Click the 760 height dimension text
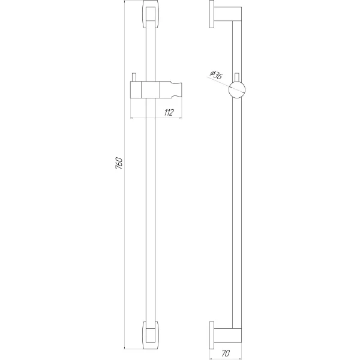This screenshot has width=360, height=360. point(119,163)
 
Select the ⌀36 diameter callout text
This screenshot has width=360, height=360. point(217,74)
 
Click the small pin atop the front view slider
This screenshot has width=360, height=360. point(136,77)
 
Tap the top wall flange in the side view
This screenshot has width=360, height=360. point(212,16)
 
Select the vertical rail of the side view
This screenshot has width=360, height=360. point(240,210)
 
